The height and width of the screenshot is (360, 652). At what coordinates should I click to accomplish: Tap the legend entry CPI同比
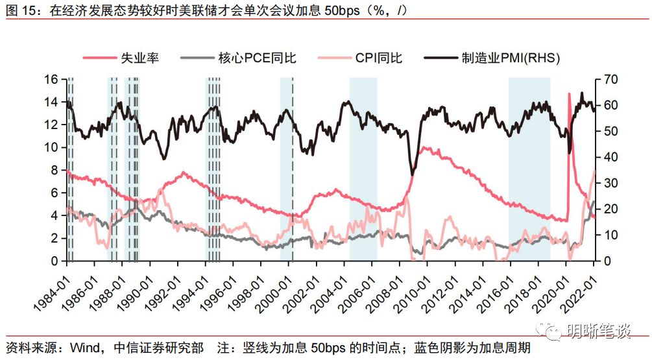(x=378, y=58)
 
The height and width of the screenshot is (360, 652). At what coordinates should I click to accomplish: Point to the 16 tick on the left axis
(x=51, y=79)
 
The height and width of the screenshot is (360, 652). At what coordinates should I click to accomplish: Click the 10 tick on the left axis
(x=51, y=147)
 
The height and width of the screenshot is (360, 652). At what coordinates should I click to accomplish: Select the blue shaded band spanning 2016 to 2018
(x=529, y=169)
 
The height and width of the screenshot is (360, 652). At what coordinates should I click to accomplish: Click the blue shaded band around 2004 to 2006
(x=363, y=169)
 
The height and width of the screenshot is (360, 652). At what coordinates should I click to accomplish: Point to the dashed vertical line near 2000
(x=293, y=169)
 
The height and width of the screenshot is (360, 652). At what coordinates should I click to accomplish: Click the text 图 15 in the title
(x=20, y=9)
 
